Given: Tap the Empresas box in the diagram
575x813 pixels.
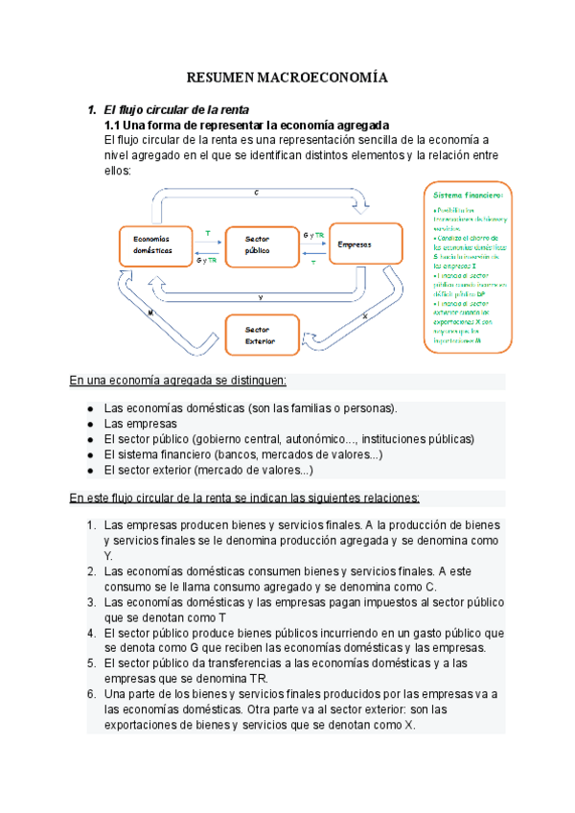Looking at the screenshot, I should pyautogui.click(x=356, y=244).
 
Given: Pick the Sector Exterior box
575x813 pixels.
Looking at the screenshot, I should pyautogui.click(x=259, y=336).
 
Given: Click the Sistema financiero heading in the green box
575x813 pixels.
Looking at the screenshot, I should pyautogui.click(x=468, y=195).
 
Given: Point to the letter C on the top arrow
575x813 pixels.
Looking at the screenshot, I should pyautogui.click(x=256, y=193).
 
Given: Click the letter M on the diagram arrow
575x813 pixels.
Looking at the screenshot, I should pyautogui.click(x=151, y=313).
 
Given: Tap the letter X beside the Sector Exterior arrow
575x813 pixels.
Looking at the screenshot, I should pyautogui.click(x=365, y=315).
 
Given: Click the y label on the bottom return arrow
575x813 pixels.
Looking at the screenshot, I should pyautogui.click(x=261, y=297).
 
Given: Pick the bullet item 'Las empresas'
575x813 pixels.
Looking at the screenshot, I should pyautogui.click(x=140, y=423).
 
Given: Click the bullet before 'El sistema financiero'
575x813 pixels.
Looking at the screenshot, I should pyautogui.click(x=89, y=454).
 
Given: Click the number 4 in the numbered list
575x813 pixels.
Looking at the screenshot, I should pyautogui.click(x=90, y=633).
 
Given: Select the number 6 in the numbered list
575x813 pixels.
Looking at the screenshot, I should pyautogui.click(x=90, y=694).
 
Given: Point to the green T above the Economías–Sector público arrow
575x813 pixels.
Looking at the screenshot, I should pyautogui.click(x=208, y=233).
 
